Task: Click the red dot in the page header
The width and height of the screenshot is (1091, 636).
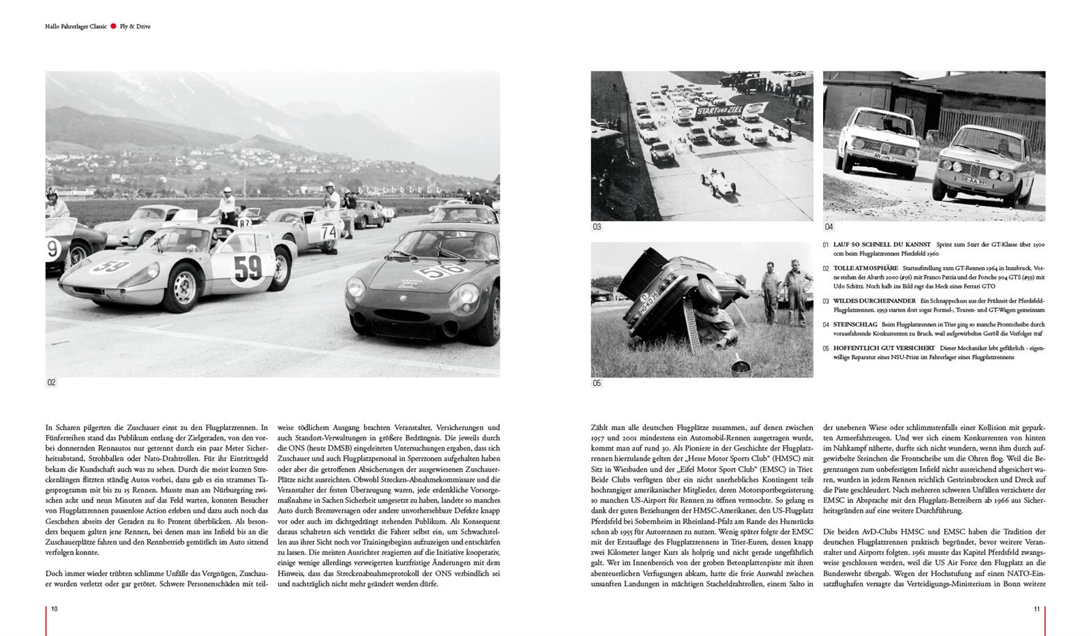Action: click(113, 27)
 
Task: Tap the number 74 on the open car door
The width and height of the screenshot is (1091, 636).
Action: click(329, 232)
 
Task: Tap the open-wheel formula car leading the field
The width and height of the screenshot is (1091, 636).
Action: click(713, 179)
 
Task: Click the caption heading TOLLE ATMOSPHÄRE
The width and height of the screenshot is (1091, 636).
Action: click(865, 268)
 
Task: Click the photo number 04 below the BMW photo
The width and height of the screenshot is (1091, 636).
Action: click(828, 227)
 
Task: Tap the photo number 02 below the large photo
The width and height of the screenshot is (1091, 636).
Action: click(51, 383)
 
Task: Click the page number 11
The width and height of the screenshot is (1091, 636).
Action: click(1036, 609)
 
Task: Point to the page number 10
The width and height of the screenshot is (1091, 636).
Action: click(55, 609)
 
